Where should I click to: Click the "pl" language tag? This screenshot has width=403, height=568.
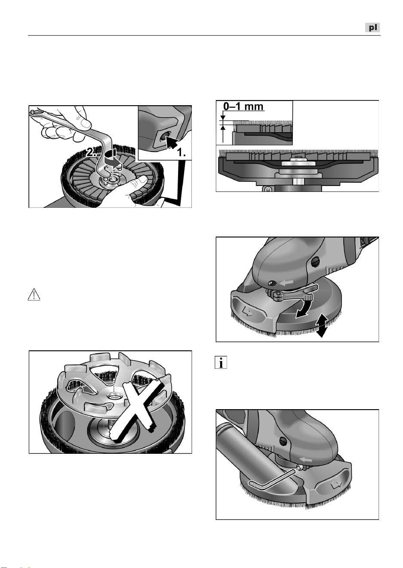372,27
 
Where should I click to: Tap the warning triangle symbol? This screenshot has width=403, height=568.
34,295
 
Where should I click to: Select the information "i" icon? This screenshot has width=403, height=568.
221,362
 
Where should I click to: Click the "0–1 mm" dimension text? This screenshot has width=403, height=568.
243,106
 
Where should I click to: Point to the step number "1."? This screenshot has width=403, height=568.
181,152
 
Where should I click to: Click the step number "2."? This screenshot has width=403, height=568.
91,152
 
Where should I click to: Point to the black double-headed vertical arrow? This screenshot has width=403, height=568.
321,325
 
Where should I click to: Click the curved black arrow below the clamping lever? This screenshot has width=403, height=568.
305,308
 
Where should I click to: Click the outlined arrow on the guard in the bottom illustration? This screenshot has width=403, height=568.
336,485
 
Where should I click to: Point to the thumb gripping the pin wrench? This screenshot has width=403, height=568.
83,121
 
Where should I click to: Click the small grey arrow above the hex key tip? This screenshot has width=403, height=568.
306,459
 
